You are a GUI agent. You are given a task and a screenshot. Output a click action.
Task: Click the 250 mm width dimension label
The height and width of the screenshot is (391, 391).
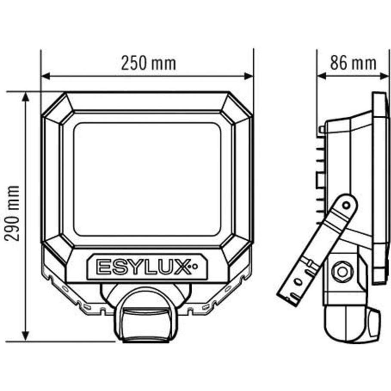(x=148, y=63)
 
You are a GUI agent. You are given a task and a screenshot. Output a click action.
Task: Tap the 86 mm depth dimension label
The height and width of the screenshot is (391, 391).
(x=353, y=63)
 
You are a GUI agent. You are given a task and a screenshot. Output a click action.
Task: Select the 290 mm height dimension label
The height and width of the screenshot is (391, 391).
(x=14, y=214)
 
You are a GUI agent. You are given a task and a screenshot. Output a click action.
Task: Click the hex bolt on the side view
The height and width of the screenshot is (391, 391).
(x=342, y=271)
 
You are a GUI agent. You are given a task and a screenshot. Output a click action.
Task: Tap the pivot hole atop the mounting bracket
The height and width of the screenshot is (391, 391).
(x=346, y=205)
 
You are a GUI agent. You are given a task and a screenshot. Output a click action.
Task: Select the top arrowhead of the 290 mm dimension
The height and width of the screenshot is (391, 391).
(x=26, y=96)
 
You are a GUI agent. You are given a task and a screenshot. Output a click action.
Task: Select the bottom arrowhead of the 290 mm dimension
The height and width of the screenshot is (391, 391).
(x=26, y=336)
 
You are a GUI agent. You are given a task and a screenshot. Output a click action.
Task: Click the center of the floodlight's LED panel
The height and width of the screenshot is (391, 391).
(x=147, y=179)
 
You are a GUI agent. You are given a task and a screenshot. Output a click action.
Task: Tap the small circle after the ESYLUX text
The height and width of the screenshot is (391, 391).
(x=195, y=267)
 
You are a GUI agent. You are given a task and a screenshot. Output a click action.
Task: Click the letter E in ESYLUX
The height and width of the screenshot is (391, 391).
(x=103, y=267)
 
